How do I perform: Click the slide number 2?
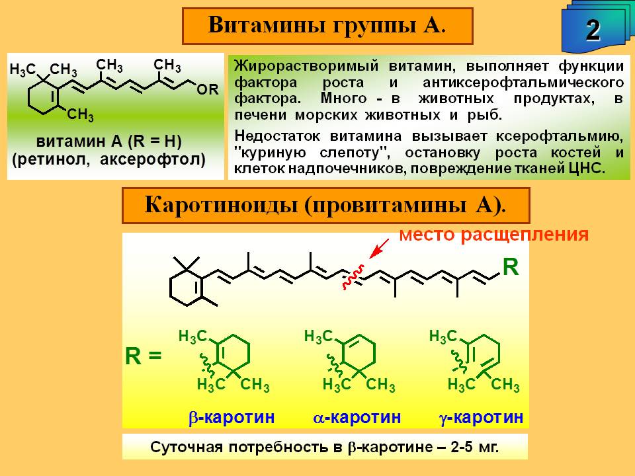593,30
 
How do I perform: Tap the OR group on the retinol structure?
207,89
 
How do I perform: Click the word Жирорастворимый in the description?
306,66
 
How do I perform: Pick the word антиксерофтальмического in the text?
523,83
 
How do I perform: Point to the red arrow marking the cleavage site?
379,248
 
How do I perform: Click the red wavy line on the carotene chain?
353,277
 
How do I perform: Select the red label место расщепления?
494,235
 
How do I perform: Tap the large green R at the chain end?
511,267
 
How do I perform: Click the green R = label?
144,356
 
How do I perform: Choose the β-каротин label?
232,417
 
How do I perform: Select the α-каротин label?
357,417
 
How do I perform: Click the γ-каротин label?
482,417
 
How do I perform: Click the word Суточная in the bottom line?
187,448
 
